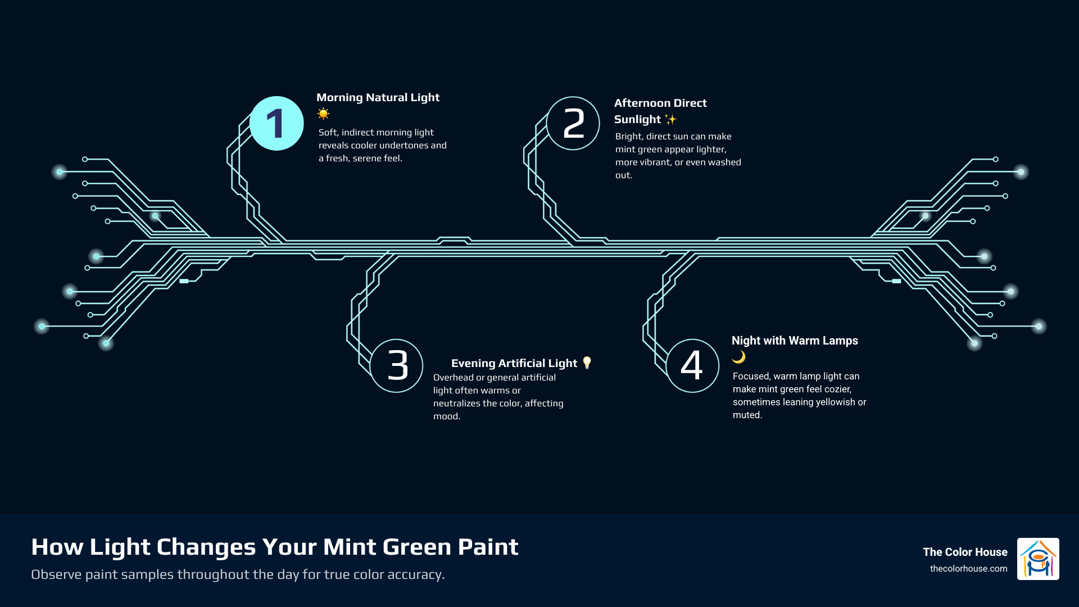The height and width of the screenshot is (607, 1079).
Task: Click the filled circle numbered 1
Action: pos(276,123)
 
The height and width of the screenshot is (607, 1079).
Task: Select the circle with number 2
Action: pos(573,123)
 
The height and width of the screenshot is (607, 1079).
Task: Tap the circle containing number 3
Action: pos(397,365)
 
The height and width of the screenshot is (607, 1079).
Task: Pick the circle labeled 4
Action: pos(692,365)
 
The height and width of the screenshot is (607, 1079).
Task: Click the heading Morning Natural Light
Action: pos(378,97)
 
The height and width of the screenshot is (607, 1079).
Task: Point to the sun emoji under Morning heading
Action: pos(323,114)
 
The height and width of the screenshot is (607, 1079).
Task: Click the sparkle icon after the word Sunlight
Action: pos(670,119)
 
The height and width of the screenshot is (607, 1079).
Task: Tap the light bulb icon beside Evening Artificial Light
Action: pos(587,363)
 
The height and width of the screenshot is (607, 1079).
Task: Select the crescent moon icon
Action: pos(738,357)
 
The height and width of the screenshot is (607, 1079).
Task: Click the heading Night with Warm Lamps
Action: pos(794,341)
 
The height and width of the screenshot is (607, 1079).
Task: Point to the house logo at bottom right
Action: pos(1038,559)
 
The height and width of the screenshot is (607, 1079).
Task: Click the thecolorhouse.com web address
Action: pos(968,569)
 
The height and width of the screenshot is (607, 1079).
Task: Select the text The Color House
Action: pos(964,552)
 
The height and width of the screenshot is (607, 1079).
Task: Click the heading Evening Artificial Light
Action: pos(514,363)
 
